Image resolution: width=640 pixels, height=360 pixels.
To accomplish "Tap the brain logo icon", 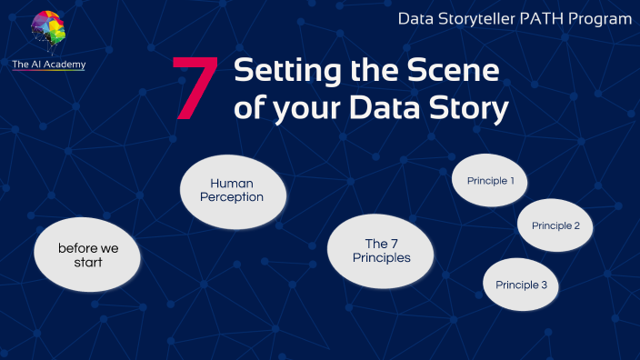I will point(48,33).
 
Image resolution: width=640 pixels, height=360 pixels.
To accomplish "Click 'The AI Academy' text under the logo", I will point(49,65).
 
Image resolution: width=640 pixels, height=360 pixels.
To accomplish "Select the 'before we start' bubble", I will point(88,255).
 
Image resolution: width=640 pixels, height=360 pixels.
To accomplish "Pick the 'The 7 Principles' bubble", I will point(382,250).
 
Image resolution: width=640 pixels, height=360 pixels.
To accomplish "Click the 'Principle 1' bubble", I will point(490,181).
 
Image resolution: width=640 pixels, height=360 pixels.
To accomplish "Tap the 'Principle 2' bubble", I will point(555,225).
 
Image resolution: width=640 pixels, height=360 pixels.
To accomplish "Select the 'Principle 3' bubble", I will point(521,285).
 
